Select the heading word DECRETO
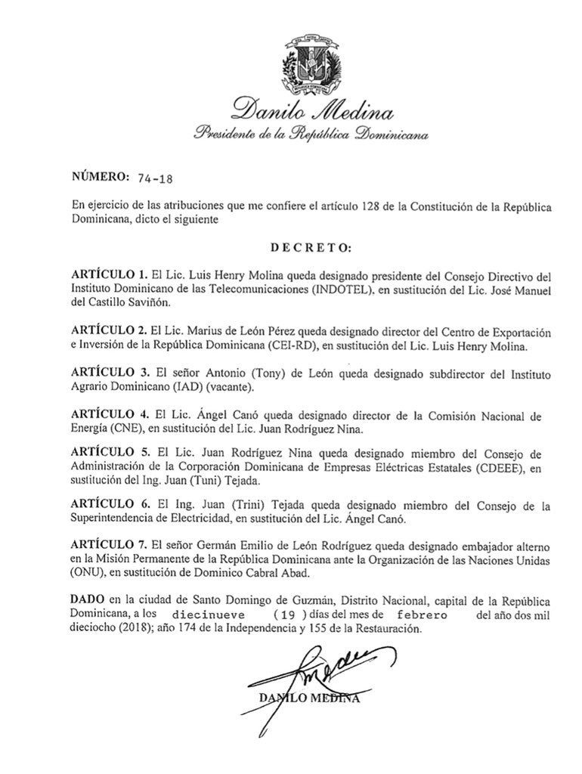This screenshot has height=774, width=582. point(310,248)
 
